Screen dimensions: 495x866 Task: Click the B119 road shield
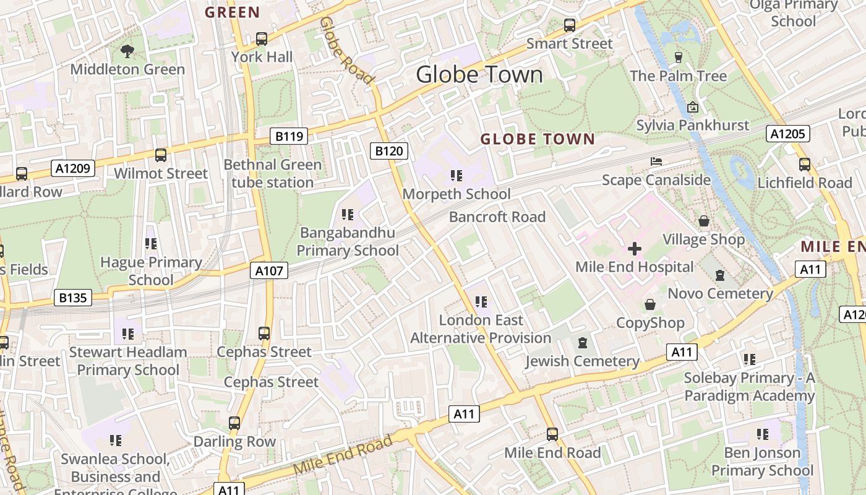pyautogui.click(x=289, y=136)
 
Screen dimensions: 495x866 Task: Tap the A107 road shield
pyautogui.click(x=269, y=270)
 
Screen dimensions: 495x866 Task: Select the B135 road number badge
pyautogui.click(x=73, y=298)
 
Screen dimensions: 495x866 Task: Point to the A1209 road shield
pyautogui.click(x=74, y=168)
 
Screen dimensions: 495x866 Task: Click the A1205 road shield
pyautogui.click(x=787, y=134)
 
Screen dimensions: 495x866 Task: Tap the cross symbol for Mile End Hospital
pyautogui.click(x=634, y=249)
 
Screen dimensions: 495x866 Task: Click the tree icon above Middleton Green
pyautogui.click(x=127, y=51)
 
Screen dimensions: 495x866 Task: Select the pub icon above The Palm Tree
pyautogui.click(x=679, y=58)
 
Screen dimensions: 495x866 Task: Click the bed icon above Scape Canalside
pyautogui.click(x=656, y=161)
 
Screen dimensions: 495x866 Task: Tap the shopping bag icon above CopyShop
pyautogui.click(x=650, y=304)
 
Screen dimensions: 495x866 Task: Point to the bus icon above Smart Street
pyautogui.click(x=569, y=25)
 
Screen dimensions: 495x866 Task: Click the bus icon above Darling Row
pyautogui.click(x=234, y=423)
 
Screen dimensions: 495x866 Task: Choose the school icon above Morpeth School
pyautogui.click(x=457, y=176)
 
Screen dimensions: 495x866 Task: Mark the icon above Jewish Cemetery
pyautogui.click(x=582, y=343)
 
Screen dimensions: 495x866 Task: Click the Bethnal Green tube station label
pyautogui.click(x=273, y=174)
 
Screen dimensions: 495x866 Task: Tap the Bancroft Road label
pyautogui.click(x=497, y=217)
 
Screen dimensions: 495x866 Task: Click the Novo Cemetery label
pyautogui.click(x=721, y=293)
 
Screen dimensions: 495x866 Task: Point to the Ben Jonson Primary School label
pyautogui.click(x=762, y=462)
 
